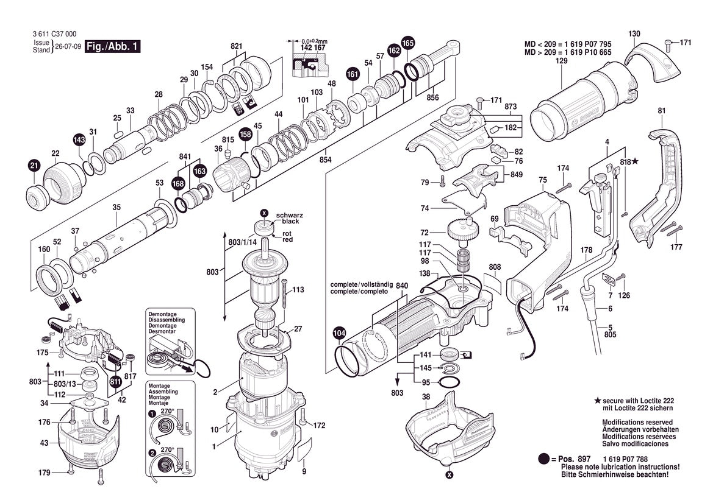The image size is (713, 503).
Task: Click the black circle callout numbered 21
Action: pos(34,166)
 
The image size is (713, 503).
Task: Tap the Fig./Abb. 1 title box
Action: pos(112,46)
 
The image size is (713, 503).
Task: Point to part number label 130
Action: pos(634,33)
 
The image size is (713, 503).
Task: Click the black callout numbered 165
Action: pos(408,43)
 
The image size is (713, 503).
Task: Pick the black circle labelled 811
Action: pos(115,381)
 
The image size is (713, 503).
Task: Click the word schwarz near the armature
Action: pos(289,215)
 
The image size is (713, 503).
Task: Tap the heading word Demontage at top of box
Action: pos(162,314)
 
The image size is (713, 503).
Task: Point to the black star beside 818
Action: pos(636,161)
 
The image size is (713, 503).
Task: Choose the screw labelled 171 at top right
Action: pos(668,44)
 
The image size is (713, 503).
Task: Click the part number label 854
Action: pos(325,160)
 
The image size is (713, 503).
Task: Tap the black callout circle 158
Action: pos(246,135)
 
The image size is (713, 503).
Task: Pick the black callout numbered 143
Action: pos(79,140)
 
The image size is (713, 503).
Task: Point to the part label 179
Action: pos(44,473)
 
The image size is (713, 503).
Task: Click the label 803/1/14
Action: pos(242,242)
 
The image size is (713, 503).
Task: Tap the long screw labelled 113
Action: pos(285,295)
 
